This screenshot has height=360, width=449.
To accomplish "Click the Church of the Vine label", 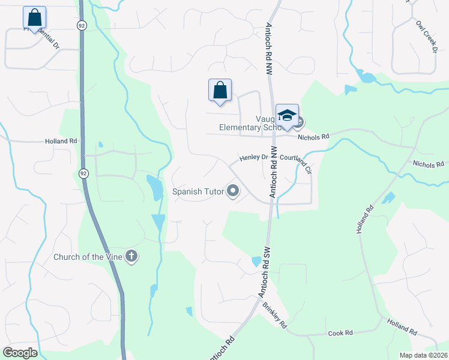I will (x=88, y=257).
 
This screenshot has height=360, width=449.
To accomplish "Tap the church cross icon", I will (x=131, y=257).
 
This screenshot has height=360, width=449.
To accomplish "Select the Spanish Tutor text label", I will (x=197, y=192).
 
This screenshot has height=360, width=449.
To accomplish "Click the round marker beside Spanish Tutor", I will (x=233, y=191).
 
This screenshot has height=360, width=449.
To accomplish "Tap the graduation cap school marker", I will (x=287, y=115).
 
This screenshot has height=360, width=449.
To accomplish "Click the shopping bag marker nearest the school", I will (x=220, y=91).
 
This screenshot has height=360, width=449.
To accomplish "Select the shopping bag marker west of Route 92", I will (x=35, y=17).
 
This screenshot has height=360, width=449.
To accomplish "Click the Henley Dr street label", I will (x=253, y=158).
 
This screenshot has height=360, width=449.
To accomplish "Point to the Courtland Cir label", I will (x=297, y=162).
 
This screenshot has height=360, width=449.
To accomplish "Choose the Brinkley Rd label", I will (x=275, y=314).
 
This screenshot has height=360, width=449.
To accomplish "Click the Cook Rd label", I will (x=339, y=333).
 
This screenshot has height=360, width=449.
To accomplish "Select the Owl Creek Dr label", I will (x=426, y=36).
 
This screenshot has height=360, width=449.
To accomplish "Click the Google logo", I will (x=19, y=353).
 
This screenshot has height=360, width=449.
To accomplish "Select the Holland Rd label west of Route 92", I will (x=61, y=142).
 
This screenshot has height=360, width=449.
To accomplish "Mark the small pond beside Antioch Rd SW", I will (x=256, y=262).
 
